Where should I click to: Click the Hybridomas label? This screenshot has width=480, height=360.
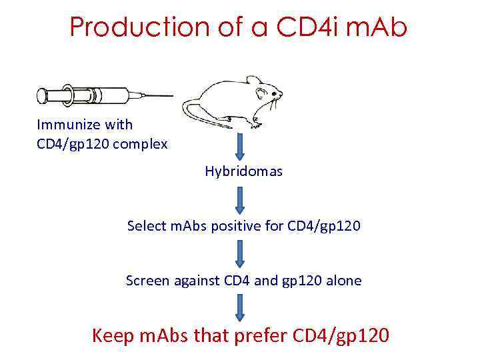243,171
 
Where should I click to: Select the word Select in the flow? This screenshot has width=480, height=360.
145,226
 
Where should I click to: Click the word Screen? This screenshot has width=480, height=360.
148,281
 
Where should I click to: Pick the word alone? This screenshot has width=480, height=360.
344,281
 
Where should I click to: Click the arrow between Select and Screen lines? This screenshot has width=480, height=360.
240,253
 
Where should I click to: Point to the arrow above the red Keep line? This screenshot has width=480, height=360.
240,307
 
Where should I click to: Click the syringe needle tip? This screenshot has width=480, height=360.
171,95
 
